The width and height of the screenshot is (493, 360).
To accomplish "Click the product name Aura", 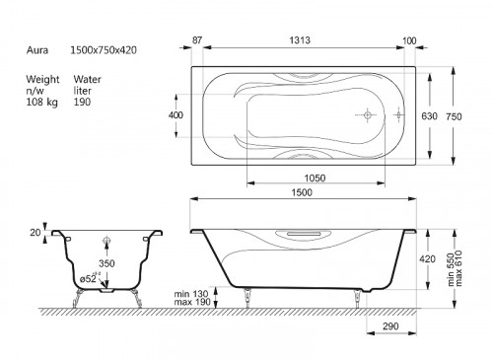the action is pos(37,50).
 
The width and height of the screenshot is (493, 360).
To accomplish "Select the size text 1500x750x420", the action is pos(104,50).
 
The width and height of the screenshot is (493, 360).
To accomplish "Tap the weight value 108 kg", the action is pos(42,102).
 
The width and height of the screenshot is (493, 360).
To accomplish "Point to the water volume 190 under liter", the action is pos(82,102).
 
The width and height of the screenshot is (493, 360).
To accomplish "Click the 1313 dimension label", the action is pos(300,40).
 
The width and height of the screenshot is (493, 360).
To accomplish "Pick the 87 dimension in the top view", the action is pos(197,40).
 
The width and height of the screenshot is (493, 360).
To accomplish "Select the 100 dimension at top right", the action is pos(409,40).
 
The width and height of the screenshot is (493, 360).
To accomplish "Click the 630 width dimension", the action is pos(429,116).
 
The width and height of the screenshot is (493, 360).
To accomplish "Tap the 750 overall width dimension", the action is pos(454,116).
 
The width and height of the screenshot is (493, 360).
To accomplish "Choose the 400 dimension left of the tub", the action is pos(176,115).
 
